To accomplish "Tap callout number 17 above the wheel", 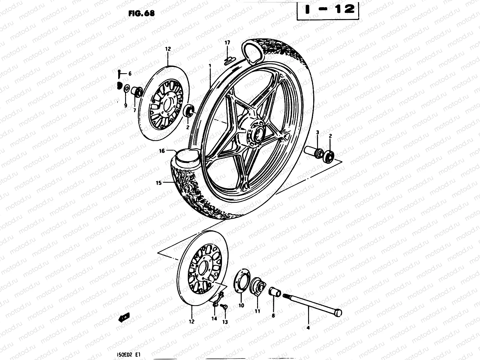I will (x=227, y=43).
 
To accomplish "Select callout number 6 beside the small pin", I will (x=130, y=73).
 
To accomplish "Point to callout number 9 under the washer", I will (x=126, y=105).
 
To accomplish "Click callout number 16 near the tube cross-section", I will (x=162, y=151).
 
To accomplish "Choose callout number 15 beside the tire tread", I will (x=159, y=182).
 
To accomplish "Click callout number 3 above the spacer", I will (x=317, y=132).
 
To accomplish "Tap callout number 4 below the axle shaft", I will (x=308, y=328).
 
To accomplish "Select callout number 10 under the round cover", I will (x=241, y=305).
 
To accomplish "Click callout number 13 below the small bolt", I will (x=225, y=322).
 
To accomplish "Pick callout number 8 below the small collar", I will (x=273, y=315).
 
